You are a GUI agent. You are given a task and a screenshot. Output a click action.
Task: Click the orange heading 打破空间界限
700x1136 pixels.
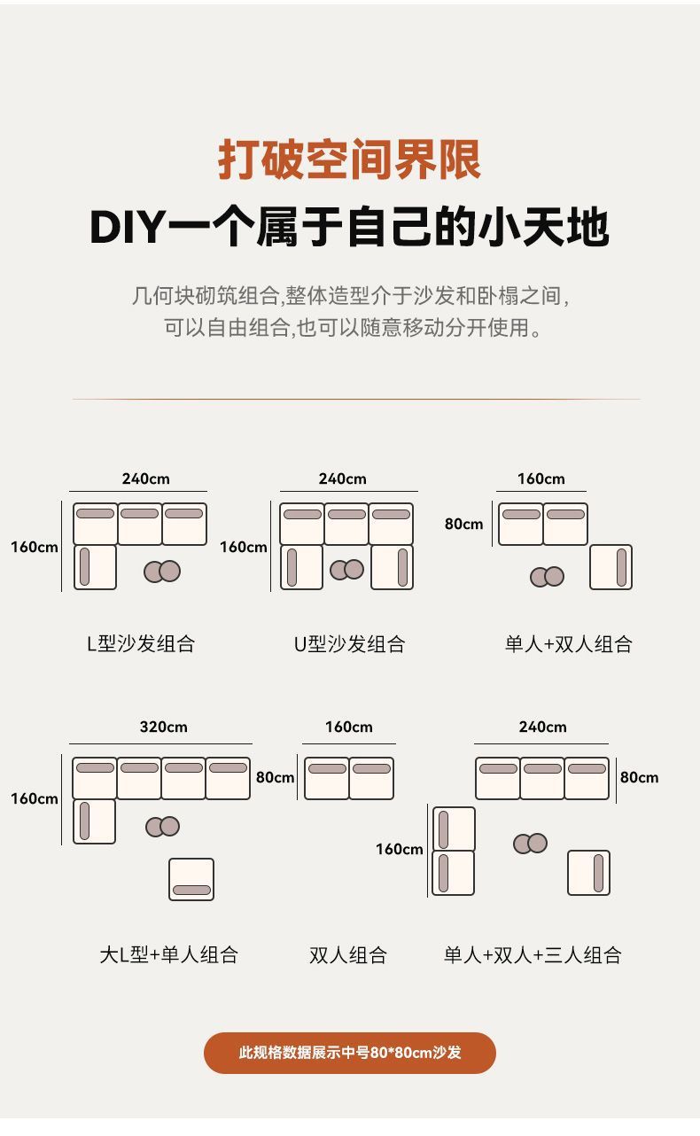[350, 160]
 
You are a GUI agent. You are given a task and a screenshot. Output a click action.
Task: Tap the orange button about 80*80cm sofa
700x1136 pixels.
[350, 1053]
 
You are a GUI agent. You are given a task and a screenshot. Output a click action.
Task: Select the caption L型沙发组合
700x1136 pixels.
[140, 644]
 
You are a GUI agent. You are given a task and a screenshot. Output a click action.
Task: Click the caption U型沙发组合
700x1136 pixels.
[349, 644]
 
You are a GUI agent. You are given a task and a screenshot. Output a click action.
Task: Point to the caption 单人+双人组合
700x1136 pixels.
[568, 644]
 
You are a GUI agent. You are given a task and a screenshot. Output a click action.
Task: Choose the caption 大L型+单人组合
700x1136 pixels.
[168, 955]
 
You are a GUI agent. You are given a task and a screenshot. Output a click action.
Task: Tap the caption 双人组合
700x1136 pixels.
[348, 955]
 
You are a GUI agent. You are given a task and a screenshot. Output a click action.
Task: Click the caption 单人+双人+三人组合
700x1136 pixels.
[533, 955]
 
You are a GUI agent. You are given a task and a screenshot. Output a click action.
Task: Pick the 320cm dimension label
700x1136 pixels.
[163, 728]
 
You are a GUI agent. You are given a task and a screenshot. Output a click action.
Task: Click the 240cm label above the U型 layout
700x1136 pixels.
[342, 479]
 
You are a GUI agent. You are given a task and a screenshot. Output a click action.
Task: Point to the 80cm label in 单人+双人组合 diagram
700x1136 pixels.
[463, 525]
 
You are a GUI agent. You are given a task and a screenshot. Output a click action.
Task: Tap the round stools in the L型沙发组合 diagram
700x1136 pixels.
[162, 572]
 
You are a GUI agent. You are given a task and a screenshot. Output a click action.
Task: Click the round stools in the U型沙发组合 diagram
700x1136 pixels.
[346, 570]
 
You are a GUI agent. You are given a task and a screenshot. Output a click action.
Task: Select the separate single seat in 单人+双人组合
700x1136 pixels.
[611, 567]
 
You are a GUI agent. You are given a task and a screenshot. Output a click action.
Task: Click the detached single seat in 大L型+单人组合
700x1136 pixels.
[191, 880]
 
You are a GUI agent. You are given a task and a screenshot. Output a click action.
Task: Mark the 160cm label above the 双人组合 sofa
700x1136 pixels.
[348, 728]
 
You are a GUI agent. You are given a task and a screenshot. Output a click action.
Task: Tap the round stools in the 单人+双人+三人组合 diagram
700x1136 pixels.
[530, 844]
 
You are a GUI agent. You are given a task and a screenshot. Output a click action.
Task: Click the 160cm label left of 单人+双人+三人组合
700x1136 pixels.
[399, 850]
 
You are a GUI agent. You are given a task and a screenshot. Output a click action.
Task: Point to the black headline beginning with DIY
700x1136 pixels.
[350, 228]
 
